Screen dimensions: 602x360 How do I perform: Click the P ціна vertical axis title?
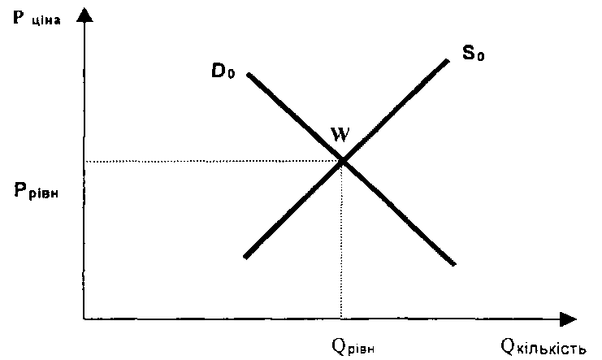pyautogui.click(x=30, y=20)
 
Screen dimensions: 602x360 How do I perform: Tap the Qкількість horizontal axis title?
pyautogui.click(x=544, y=347)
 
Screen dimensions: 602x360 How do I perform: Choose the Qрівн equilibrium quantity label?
pyautogui.click(x=354, y=345)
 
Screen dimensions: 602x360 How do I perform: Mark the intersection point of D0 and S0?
pyautogui.click(x=342, y=160)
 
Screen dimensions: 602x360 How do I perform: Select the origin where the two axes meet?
pyautogui.click(x=84, y=319)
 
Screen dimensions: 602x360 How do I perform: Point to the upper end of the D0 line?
pyautogui.click(x=249, y=75)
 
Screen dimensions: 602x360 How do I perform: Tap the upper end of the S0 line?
pyautogui.click(x=448, y=59)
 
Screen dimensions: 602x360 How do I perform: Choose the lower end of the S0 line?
pyautogui.click(x=245, y=257)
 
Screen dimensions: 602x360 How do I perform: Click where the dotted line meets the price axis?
pyautogui.click(x=84, y=161)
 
